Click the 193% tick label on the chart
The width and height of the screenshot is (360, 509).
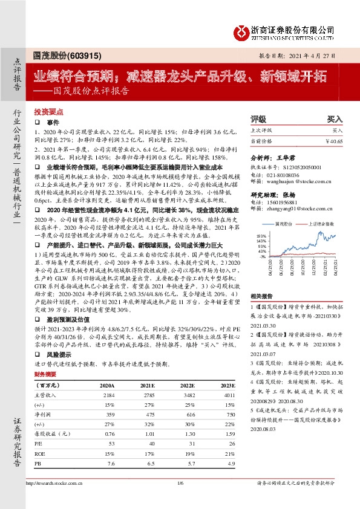(x=261, y=236)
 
